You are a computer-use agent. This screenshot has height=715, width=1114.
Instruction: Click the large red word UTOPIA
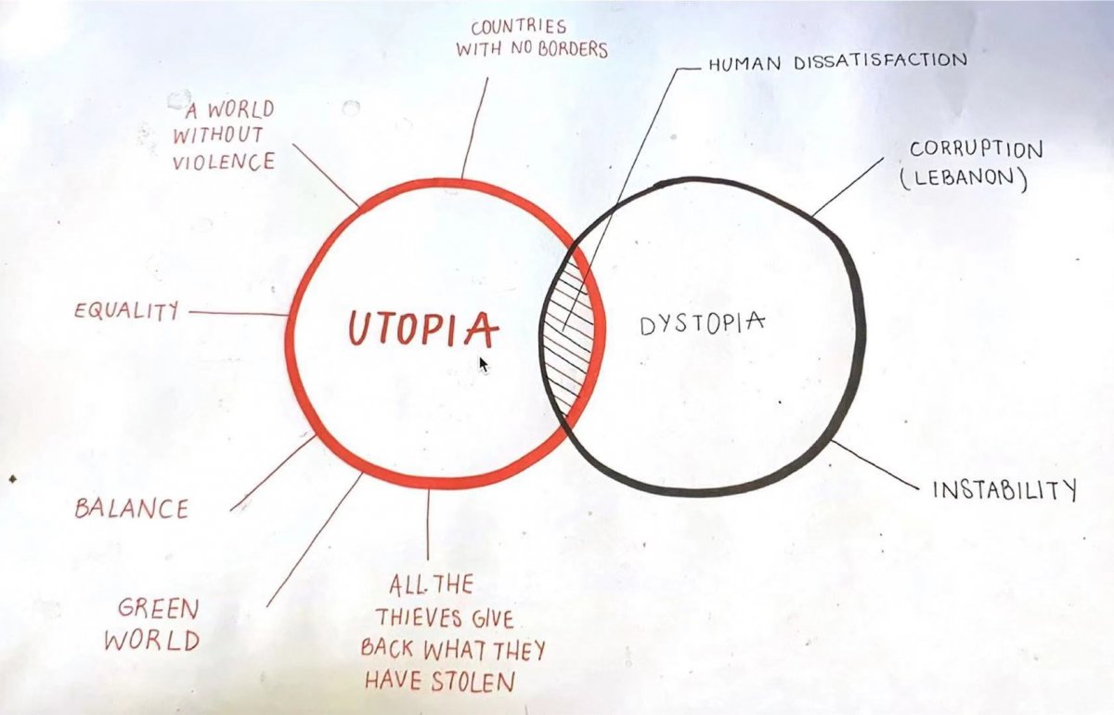[x=423, y=329]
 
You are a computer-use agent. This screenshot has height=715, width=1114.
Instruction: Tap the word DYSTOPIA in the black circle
[x=702, y=324]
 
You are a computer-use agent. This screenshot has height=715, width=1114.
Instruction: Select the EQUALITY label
[x=126, y=311]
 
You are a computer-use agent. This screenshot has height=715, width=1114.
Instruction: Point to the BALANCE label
[x=132, y=509]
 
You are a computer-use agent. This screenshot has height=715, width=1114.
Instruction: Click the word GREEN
[x=158, y=609]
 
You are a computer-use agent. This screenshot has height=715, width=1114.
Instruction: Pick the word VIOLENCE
[x=224, y=162]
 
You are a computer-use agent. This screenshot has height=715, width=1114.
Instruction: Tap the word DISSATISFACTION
[x=881, y=61]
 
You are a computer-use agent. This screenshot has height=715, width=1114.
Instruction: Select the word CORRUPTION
[x=977, y=149]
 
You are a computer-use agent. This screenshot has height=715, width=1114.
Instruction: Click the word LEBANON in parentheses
[x=964, y=179]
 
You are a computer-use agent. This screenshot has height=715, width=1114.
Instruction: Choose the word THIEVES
[x=420, y=618]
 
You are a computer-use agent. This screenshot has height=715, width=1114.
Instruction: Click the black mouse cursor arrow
[x=484, y=365]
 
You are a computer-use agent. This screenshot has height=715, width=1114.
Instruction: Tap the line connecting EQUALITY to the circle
[x=239, y=314]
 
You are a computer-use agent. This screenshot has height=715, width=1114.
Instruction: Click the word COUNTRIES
[x=519, y=27]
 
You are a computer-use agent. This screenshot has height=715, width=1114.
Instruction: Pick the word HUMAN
[x=745, y=64]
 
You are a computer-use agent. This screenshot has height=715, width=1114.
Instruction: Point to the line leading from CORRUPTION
[x=848, y=187]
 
